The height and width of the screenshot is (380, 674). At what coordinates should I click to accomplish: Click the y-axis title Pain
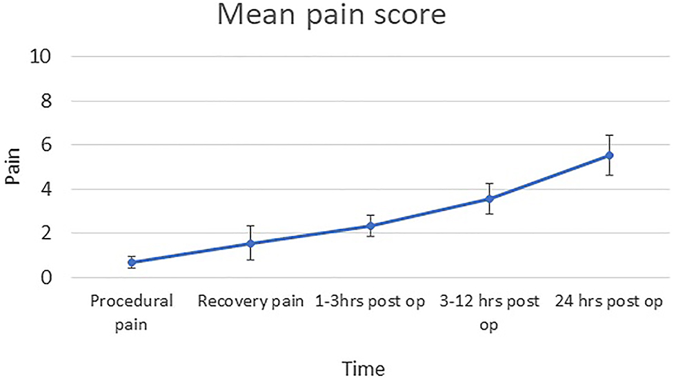pyautogui.click(x=12, y=167)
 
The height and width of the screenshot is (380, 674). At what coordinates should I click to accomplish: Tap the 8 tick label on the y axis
pyautogui.click(x=46, y=101)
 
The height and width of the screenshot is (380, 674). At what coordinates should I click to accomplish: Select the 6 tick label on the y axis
pyautogui.click(x=46, y=145)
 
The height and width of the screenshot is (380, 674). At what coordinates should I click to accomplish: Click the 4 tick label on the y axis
pyautogui.click(x=46, y=189)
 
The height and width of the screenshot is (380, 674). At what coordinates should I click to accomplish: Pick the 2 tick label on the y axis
pyautogui.click(x=46, y=233)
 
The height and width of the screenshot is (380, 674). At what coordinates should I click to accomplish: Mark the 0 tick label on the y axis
pyautogui.click(x=46, y=277)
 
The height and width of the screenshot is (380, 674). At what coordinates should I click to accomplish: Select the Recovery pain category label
pyautogui.click(x=250, y=302)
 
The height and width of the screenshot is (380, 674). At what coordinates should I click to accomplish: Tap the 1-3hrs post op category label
pyautogui.click(x=370, y=302)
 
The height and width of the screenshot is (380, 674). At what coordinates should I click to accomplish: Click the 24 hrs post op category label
pyautogui.click(x=609, y=302)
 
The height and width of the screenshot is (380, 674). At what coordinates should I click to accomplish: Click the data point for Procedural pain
pyautogui.click(x=131, y=262)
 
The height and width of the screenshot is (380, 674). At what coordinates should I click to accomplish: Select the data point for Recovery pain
pyautogui.click(x=250, y=243)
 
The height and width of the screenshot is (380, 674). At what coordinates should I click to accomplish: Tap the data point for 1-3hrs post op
pyautogui.click(x=370, y=226)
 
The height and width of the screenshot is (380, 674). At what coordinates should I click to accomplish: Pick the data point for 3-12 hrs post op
pyautogui.click(x=490, y=199)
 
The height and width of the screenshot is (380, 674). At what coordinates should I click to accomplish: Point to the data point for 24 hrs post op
pyautogui.click(x=609, y=155)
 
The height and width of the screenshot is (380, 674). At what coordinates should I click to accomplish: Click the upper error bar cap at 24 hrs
pyautogui.click(x=609, y=135)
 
